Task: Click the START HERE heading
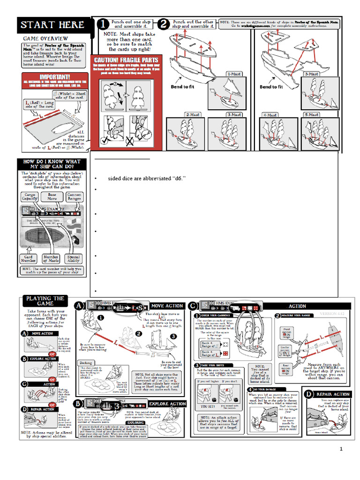pos(52,25)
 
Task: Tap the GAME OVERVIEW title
pos(45,38)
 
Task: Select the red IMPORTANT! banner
pos(55,77)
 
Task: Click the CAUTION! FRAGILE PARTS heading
pos(126,60)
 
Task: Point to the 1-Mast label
pos(234,74)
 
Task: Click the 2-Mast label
pos(193,114)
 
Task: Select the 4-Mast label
pos(270,114)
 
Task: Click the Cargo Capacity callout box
pos(30,196)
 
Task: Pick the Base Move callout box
pos(52,196)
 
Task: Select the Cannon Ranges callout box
pos(74,196)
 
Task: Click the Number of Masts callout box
pos(52,259)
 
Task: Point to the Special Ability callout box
pos(73,259)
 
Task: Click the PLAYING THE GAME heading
pos(45,301)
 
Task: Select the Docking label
pos(86,362)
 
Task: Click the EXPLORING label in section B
pos(135,422)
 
